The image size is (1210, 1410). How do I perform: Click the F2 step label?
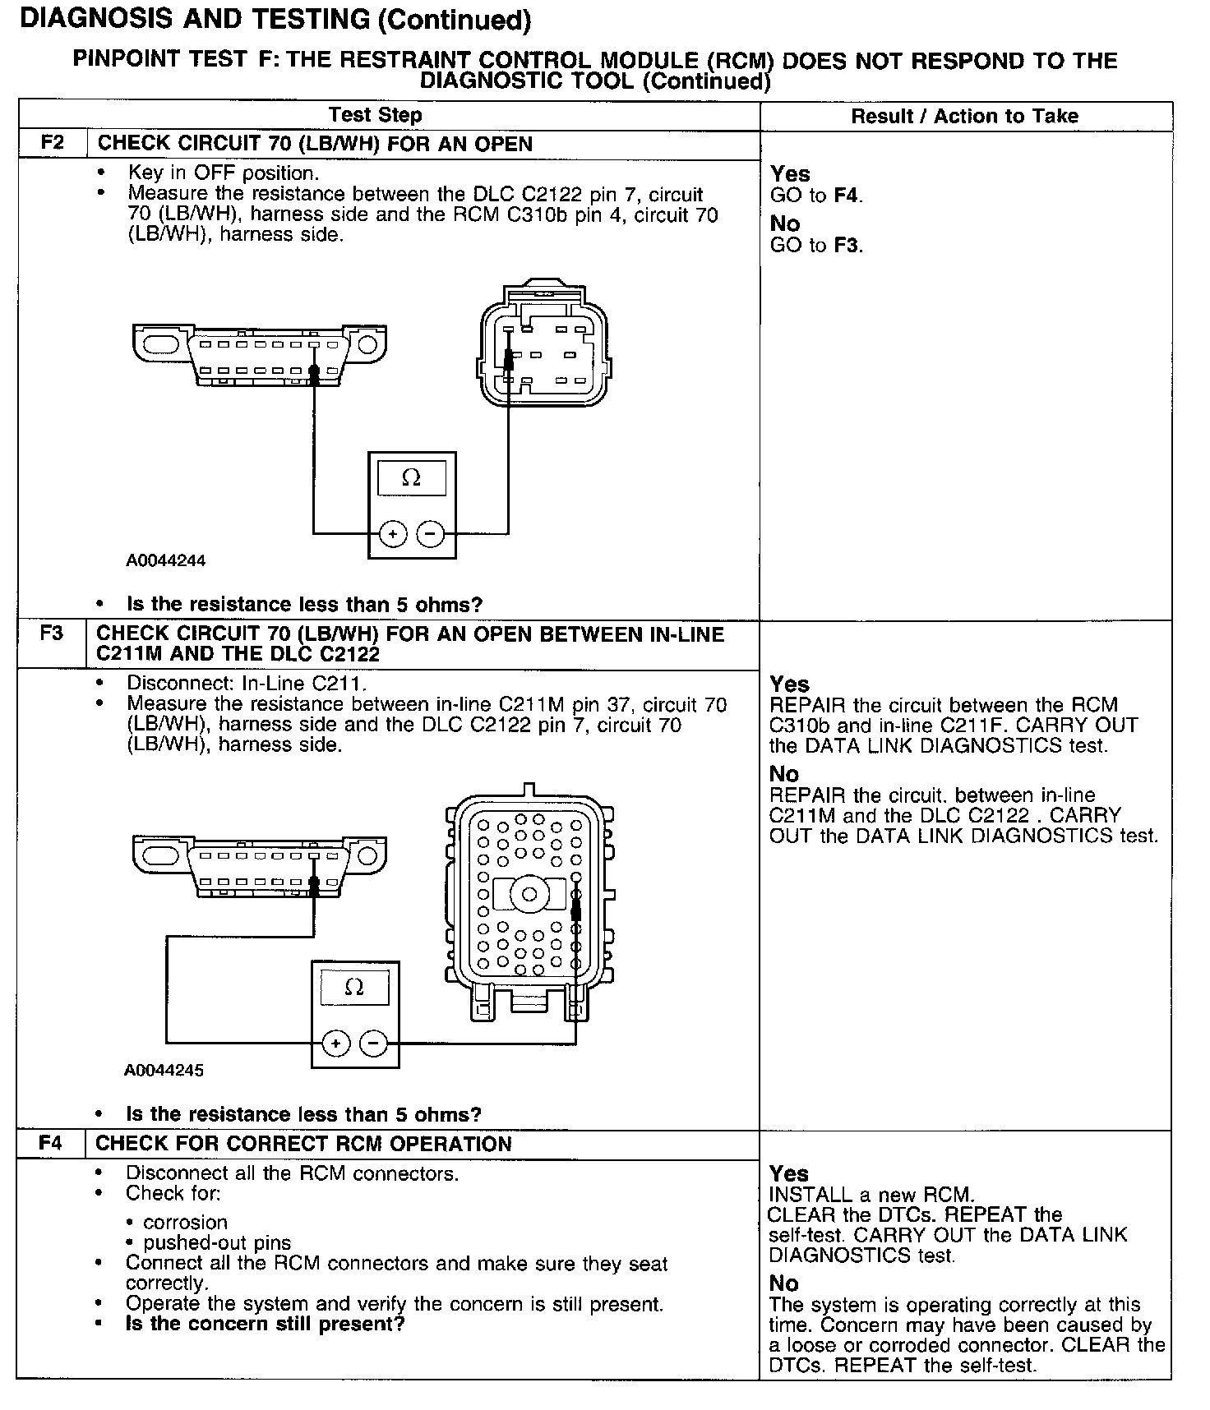coord(52,143)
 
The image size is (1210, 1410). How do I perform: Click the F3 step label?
coord(51,634)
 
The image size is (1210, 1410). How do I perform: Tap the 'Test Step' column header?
coord(376,116)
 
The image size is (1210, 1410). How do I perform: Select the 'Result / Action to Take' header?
coord(964,117)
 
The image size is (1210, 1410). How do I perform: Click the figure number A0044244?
coord(165,561)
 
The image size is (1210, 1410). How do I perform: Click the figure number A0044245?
coord(164,1071)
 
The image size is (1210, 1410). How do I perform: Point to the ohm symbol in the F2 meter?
coord(411,478)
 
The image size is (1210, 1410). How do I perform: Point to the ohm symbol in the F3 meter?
coord(354,988)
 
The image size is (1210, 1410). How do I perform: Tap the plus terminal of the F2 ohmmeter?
coord(393,535)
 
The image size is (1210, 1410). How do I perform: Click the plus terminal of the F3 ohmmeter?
coord(335,1044)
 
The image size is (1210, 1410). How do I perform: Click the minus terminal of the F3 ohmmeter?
coord(374,1044)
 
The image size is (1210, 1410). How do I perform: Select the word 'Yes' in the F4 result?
coord(789,1174)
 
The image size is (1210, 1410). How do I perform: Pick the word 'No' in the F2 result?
coord(785,223)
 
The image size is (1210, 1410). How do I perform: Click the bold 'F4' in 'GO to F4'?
coord(847,196)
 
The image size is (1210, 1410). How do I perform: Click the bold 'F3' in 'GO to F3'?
coord(847,246)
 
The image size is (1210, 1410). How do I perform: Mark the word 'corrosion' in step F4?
coord(185,1223)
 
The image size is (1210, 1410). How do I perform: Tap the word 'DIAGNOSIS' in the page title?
coord(98,20)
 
